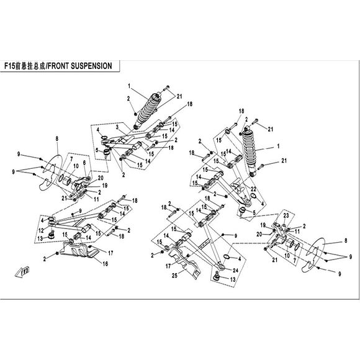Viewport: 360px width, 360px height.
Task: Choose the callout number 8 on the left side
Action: [x=57, y=138]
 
